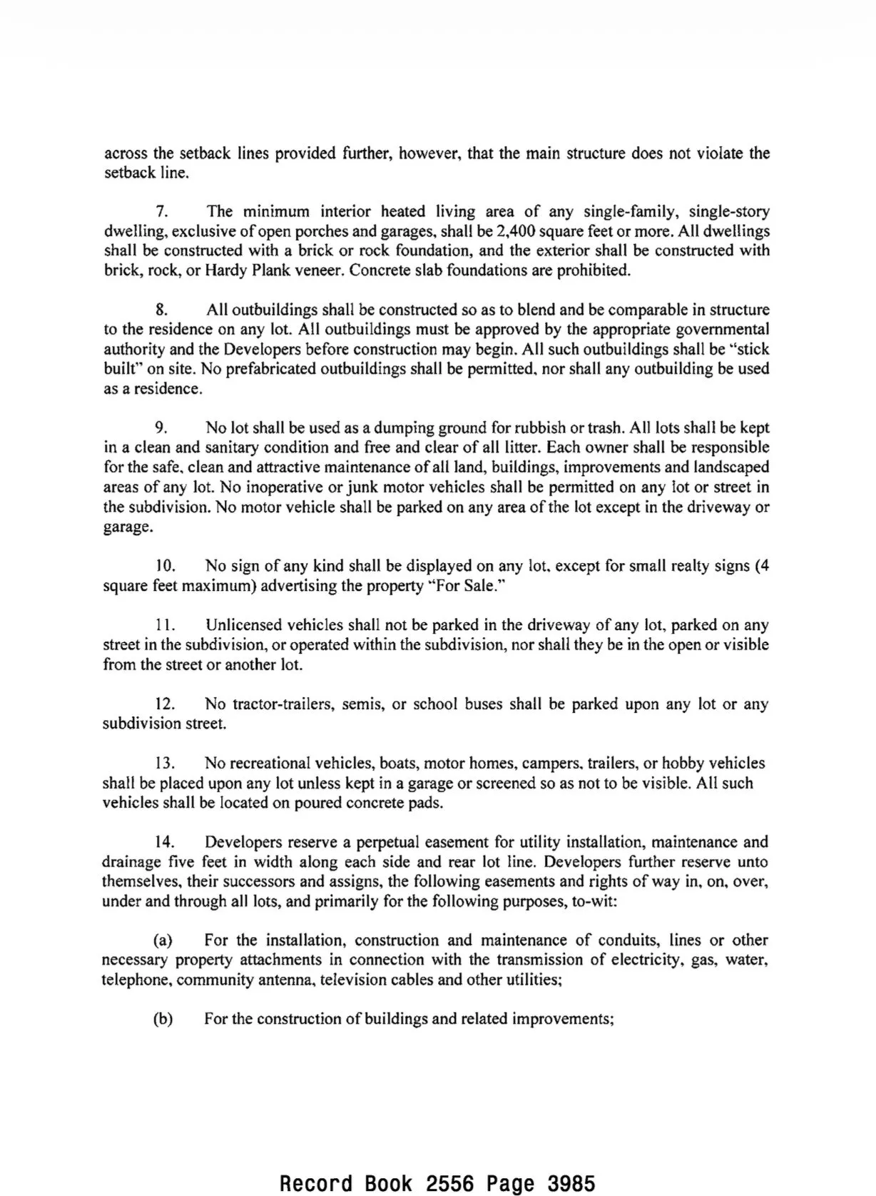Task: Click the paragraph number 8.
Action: (161, 310)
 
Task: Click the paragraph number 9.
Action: (161, 428)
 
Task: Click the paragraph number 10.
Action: (165, 567)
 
